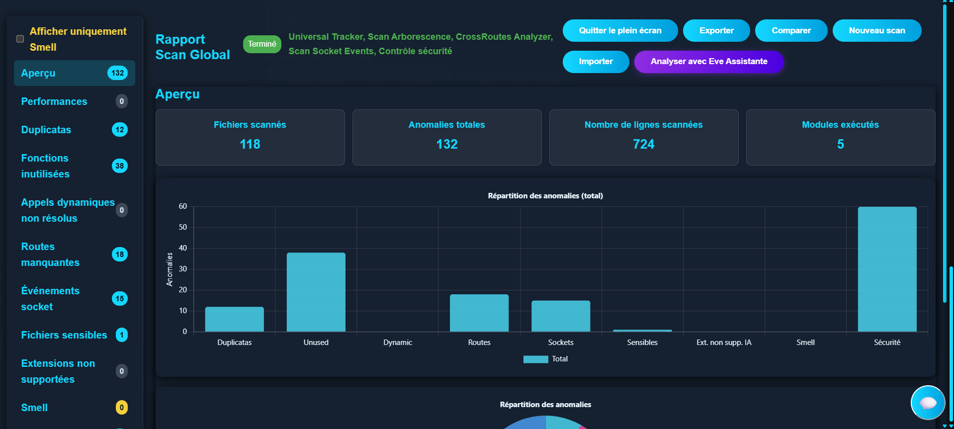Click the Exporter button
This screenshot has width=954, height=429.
tap(716, 31)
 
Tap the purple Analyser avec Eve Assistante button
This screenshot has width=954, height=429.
tap(708, 62)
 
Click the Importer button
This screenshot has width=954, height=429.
tap(596, 62)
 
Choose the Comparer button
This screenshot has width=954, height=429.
tap(791, 31)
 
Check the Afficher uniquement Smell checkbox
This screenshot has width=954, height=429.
tap(20, 39)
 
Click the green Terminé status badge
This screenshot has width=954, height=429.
tap(262, 44)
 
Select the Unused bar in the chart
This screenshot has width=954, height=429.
tap(316, 292)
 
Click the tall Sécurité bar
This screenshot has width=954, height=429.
tap(887, 269)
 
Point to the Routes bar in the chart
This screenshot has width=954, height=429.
tap(479, 313)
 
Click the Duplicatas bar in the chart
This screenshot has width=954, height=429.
tap(234, 319)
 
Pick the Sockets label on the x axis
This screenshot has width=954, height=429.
tap(560, 343)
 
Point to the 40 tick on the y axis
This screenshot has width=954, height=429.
tap(183, 248)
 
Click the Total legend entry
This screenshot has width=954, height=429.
tap(545, 359)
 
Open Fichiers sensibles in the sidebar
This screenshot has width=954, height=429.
tap(64, 335)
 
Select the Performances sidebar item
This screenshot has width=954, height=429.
tap(54, 101)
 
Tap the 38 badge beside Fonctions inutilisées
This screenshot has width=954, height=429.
tap(120, 166)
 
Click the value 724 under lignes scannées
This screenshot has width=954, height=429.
tap(643, 144)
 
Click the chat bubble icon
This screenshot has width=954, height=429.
tap(928, 403)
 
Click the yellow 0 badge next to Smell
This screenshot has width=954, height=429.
tap(121, 408)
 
